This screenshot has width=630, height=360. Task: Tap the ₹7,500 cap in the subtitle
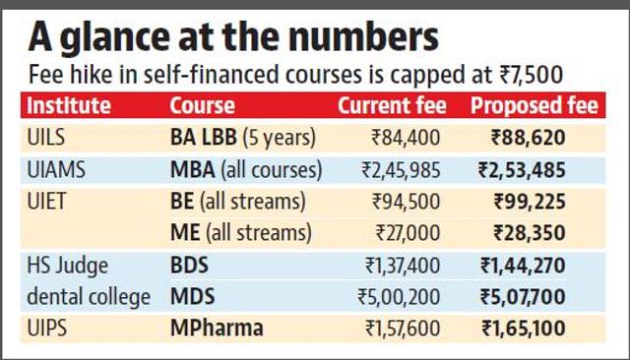[531, 75]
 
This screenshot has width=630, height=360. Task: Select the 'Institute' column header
[69, 105]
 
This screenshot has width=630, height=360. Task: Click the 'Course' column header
[203, 105]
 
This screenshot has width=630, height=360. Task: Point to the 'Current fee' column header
[392, 105]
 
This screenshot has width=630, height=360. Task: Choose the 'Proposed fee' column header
[535, 105]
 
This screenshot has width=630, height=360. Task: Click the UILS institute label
[46, 138]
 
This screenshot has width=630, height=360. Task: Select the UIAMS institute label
[56, 169]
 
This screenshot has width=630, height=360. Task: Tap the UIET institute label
[46, 201]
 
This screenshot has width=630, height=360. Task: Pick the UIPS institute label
[46, 329]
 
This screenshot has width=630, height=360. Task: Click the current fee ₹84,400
[406, 138]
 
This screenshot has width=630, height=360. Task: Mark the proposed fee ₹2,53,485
[522, 169]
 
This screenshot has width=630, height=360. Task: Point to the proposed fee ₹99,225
[530, 201]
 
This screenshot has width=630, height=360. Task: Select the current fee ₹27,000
[408, 233]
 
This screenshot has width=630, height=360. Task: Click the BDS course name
[189, 266]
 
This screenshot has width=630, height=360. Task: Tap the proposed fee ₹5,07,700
[523, 297]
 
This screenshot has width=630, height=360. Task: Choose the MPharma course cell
[217, 329]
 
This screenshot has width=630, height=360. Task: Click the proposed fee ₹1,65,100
[524, 329]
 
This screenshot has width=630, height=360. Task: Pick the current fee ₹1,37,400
[403, 266]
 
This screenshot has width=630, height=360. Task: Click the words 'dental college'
[89, 297]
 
